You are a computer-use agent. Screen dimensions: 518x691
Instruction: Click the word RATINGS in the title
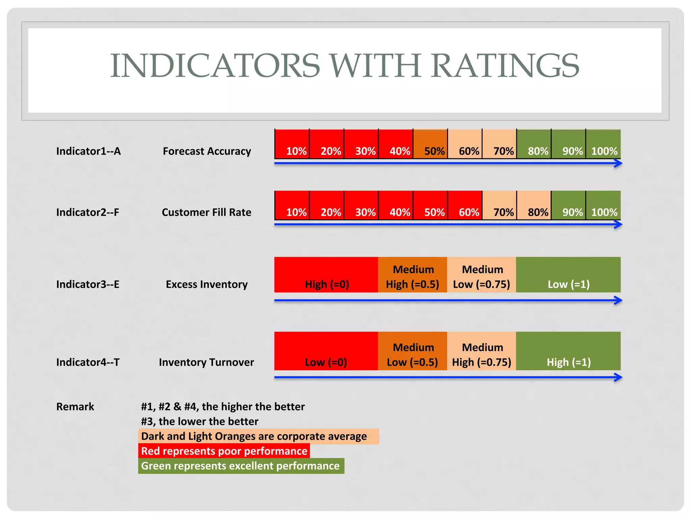(505, 65)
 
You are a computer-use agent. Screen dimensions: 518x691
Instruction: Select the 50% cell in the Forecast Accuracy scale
(430, 144)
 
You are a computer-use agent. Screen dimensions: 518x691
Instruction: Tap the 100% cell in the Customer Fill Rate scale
(603, 205)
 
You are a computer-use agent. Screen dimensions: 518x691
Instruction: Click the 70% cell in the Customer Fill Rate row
(499, 205)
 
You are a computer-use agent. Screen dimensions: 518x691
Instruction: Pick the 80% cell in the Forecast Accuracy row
(534, 144)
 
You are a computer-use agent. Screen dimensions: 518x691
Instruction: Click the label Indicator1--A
(88, 151)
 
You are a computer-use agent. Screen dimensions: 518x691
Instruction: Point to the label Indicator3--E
(88, 284)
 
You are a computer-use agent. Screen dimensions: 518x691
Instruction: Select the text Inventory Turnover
(206, 362)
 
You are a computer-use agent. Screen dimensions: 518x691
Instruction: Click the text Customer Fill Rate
(206, 212)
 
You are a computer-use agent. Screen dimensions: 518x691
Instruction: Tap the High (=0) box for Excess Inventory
(326, 275)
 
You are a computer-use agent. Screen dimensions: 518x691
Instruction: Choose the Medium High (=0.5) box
(413, 275)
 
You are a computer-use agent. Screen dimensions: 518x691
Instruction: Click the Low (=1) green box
(568, 275)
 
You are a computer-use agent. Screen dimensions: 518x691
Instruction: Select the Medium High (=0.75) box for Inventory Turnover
(481, 351)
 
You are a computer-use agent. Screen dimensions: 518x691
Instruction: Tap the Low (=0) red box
(326, 351)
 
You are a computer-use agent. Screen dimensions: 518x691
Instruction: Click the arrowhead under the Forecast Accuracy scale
(618, 164)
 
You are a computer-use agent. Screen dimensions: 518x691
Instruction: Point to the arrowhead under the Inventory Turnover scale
(618, 377)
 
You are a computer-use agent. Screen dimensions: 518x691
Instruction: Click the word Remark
(75, 407)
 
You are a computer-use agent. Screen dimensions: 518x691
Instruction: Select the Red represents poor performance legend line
(224, 451)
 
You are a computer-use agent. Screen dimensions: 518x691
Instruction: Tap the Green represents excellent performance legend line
(241, 466)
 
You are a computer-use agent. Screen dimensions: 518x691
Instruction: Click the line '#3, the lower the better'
(199, 422)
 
